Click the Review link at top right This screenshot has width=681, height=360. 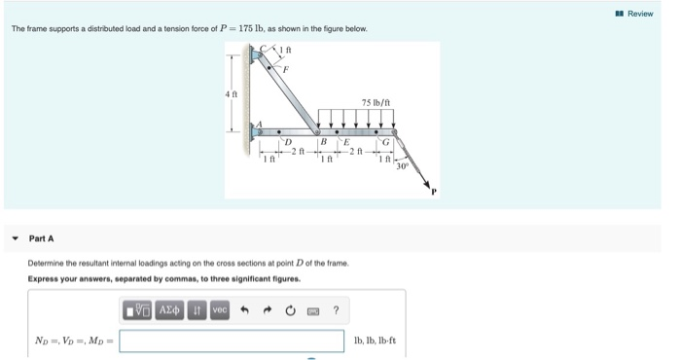click(x=639, y=14)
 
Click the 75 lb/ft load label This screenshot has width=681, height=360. click(x=376, y=102)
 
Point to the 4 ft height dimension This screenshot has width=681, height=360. click(x=230, y=93)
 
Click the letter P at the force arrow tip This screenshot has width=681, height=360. click(x=434, y=191)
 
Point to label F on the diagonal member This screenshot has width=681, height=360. click(x=285, y=68)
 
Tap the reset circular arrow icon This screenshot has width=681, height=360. click(x=290, y=310)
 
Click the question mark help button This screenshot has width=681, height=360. click(x=336, y=310)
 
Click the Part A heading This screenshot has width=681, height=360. click(x=42, y=238)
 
